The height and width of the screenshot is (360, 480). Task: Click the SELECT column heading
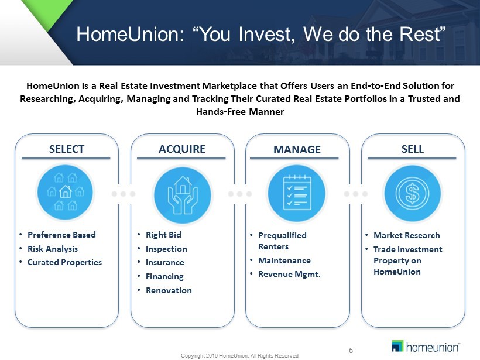coord(66,149)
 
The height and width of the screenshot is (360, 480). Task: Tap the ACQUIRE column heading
coord(182,149)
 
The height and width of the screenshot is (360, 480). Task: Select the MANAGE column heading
coord(297,150)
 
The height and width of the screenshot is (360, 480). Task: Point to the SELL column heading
coord(413,149)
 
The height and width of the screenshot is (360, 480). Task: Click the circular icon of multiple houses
coord(65,192)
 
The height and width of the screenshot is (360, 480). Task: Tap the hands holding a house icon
coord(183,194)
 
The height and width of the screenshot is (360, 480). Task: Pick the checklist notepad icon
coord(297,193)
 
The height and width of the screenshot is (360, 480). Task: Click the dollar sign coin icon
coord(412,193)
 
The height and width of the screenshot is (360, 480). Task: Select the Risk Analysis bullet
coord(53,249)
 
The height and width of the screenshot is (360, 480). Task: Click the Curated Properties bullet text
coord(64,262)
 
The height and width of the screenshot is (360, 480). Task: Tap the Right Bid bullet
coord(163,235)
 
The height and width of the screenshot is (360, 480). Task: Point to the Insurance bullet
coord(165,262)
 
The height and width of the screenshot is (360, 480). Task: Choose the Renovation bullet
coord(169,290)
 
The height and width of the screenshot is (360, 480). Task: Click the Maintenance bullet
coord(284,260)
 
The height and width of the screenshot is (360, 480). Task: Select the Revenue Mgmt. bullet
coord(289,274)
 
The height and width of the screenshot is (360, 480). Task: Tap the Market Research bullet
coord(406,235)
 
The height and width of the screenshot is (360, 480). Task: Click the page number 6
coord(351,350)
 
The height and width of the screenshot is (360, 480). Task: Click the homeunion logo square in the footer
coord(397,346)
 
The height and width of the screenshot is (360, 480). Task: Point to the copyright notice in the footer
coord(239,356)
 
